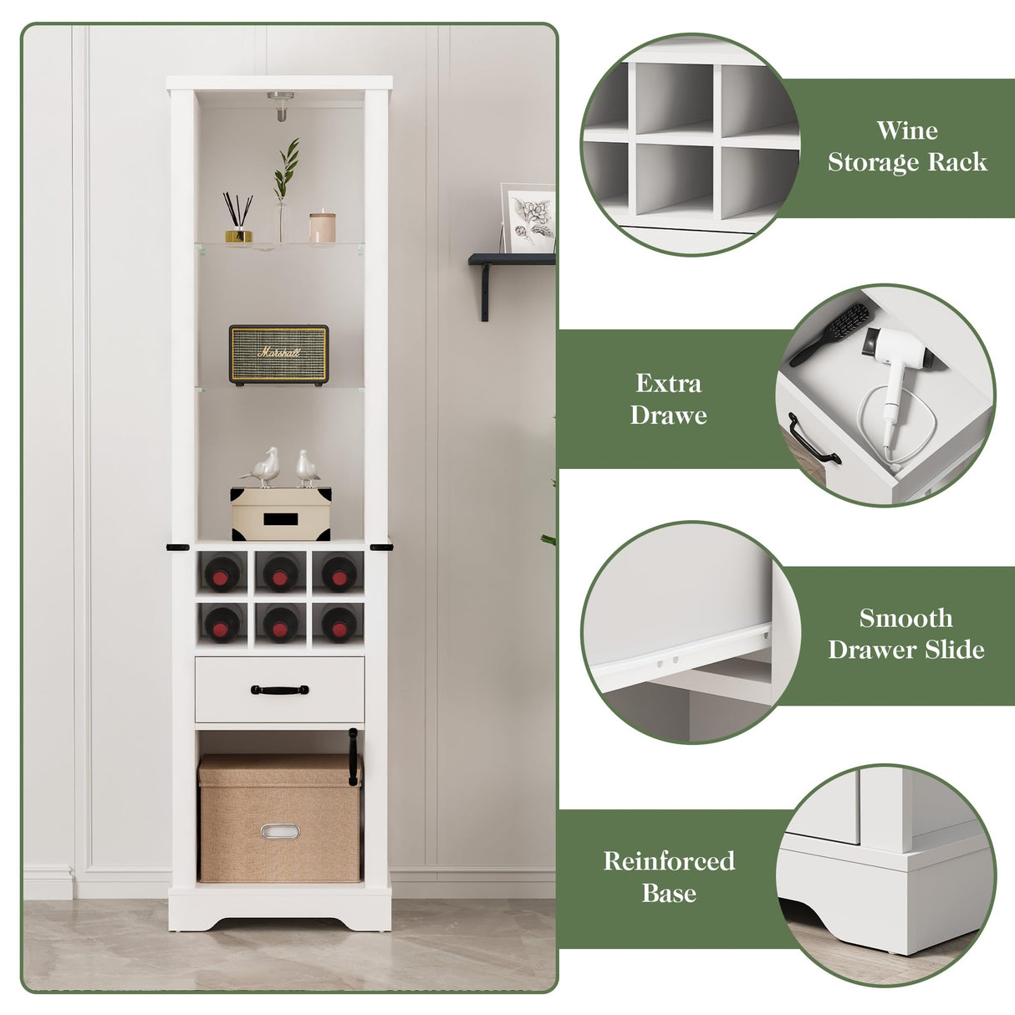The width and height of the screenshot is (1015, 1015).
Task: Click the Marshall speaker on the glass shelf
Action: point(278,354)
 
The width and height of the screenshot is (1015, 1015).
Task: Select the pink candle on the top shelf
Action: point(322,227)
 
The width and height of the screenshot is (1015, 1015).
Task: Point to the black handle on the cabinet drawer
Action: point(279,690)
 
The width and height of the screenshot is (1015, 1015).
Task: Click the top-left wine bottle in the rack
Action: point(222,574)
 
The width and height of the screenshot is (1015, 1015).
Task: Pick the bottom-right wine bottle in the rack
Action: point(339,624)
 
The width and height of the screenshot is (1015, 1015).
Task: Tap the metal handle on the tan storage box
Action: point(279,831)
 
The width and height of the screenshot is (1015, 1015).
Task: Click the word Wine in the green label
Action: point(906,130)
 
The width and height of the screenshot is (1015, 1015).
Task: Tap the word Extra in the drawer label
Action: point(668,384)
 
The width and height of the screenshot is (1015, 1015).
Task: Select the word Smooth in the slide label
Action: point(905,619)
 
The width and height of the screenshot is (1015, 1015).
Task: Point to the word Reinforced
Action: point(669,861)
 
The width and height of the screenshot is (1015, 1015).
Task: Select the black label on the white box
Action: point(280,520)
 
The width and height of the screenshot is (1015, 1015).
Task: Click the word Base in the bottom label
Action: point(669,893)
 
